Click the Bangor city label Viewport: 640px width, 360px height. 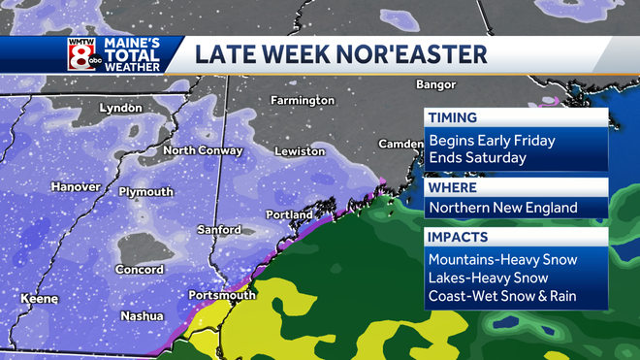pos(435,84)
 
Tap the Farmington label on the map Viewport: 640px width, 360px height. pos(302,100)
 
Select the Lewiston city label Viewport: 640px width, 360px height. pos(299,151)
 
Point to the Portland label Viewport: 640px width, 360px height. pos(289,214)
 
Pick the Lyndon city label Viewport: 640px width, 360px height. pos(120,108)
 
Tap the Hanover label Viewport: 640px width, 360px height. pos(77,186)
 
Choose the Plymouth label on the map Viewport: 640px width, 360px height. pos(145,191)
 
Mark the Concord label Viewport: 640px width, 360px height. pos(141,269)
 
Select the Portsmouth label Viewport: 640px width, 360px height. pos(223,294)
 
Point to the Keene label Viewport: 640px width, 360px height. pos(39,299)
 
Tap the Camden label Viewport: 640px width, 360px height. pos(400,144)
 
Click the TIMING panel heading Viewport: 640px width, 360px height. pos(453,117)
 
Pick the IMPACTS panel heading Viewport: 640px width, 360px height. pos(458,236)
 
